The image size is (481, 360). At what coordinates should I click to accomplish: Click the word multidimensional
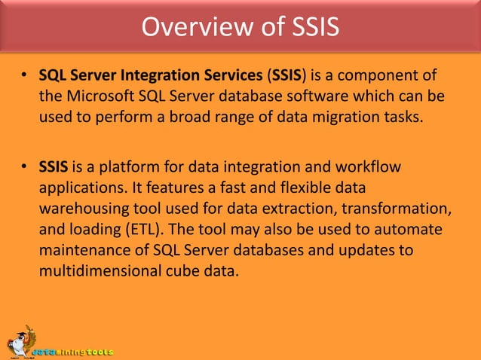coord(97,267)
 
